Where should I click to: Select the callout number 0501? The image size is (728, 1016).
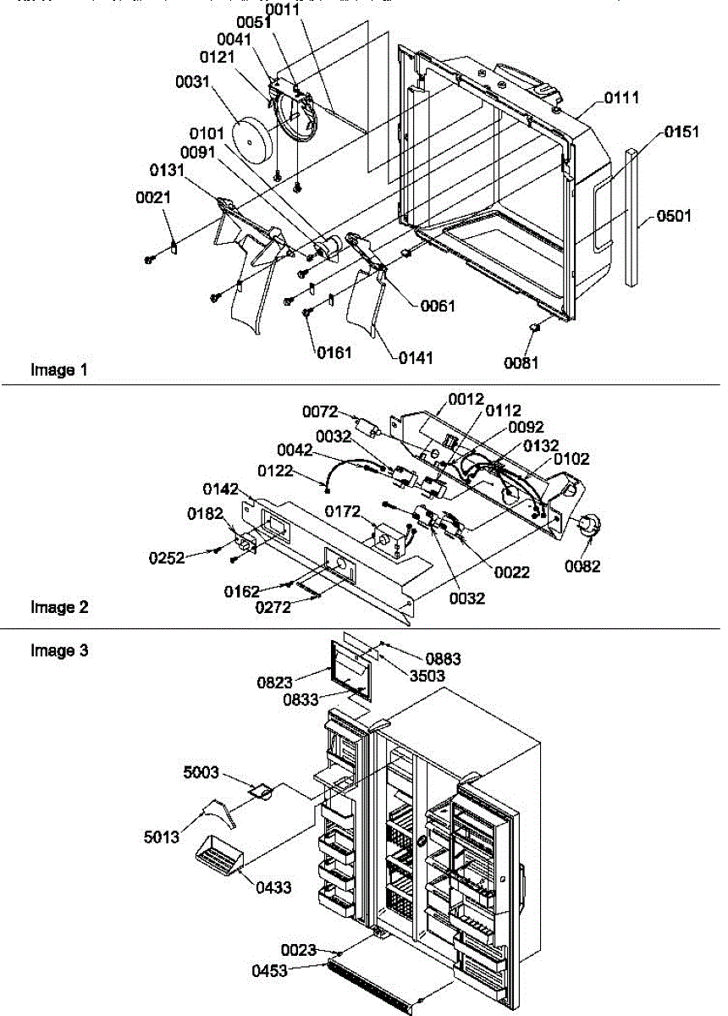coord(674,216)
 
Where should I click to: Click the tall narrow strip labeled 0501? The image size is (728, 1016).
coord(631,216)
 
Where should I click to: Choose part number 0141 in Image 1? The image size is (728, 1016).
coord(416,358)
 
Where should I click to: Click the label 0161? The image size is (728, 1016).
coord(335,352)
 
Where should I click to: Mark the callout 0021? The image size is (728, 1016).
coord(153,197)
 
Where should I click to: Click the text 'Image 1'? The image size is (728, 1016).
coord(58,370)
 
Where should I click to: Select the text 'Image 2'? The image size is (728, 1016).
coord(59,607)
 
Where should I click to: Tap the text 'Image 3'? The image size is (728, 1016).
coord(59,650)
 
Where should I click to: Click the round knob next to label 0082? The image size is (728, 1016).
coord(584,526)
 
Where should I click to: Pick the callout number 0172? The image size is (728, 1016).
coord(345,511)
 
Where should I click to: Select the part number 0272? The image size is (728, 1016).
coord(278,607)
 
